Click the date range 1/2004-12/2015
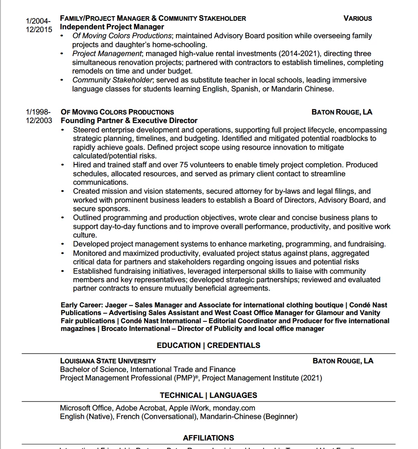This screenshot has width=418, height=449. pos(39,25)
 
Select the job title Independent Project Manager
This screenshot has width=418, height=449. pos(112,27)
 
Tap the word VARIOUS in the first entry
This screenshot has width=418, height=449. pos(358,18)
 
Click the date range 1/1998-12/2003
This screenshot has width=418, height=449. pos(39,116)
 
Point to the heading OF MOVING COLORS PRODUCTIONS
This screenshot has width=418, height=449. pos(117,112)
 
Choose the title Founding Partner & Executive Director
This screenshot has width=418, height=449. pos(129,121)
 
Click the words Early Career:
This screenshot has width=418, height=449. pos(82,305)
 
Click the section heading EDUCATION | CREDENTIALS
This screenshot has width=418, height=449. pos(209,345)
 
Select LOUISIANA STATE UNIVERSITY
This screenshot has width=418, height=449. pos(108,361)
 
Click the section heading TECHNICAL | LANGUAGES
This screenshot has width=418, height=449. pos(209,395)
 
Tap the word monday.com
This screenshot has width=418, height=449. pos(234,408)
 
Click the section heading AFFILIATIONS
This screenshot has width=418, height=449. pos(209,438)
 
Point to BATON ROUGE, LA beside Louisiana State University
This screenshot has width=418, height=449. pos(343,361)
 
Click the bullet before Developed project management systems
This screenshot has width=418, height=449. pos(62,244)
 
